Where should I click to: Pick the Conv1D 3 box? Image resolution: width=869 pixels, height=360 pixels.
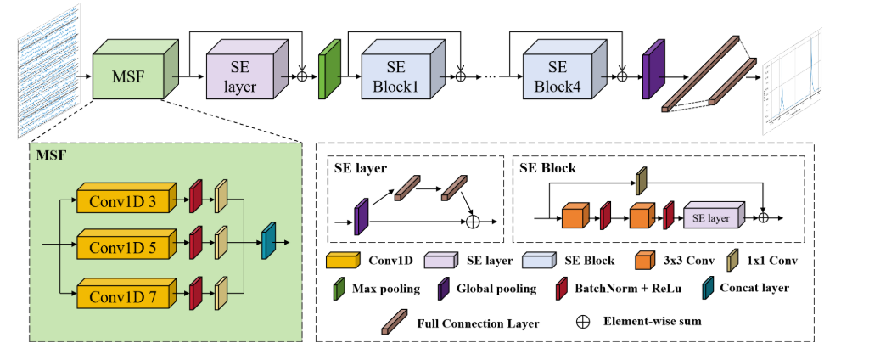(x=124, y=200)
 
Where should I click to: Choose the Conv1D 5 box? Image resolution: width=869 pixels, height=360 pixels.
(x=124, y=249)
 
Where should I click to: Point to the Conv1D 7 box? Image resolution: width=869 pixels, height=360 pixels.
(x=124, y=297)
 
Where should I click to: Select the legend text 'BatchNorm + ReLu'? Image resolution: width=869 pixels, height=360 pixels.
(x=618, y=289)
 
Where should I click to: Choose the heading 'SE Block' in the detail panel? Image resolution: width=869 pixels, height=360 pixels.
(x=547, y=169)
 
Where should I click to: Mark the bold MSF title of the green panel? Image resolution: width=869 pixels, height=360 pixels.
(x=50, y=155)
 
